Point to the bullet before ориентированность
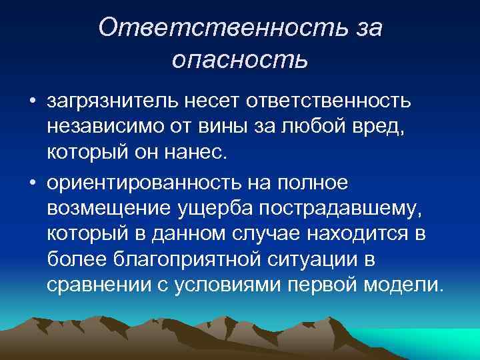pyautogui.click(x=31, y=182)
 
